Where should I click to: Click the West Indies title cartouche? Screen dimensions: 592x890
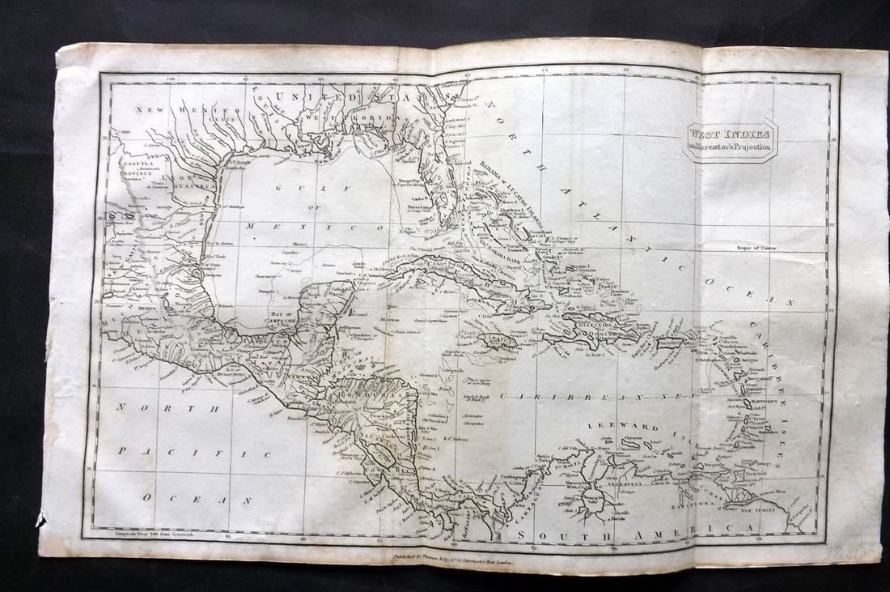[x=731, y=140]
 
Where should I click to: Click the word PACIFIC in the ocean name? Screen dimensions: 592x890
[x=197, y=453]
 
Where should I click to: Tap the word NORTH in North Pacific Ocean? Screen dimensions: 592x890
[x=169, y=408]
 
